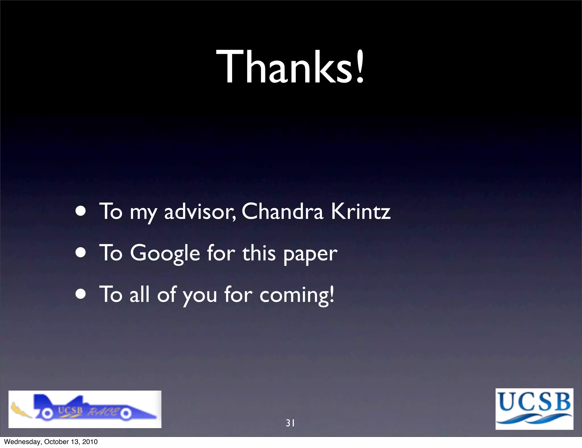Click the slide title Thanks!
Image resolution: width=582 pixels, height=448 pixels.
click(290, 67)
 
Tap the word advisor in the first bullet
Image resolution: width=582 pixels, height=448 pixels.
click(200, 212)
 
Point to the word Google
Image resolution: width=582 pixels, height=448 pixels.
click(165, 253)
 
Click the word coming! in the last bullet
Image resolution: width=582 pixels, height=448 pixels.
click(297, 295)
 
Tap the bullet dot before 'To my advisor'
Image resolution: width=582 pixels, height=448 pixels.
click(81, 212)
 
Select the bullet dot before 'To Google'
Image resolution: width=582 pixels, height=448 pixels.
click(81, 253)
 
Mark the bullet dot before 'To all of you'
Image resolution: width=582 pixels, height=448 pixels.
click(81, 294)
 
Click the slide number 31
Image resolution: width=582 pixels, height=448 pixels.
click(290, 423)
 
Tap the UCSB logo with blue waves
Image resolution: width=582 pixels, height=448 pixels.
click(534, 409)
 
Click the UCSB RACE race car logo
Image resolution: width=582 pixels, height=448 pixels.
click(85, 409)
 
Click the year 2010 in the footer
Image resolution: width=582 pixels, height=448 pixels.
click(90, 442)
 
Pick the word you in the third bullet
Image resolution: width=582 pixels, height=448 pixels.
click(200, 296)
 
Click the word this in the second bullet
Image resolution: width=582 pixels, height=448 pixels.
click(259, 253)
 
